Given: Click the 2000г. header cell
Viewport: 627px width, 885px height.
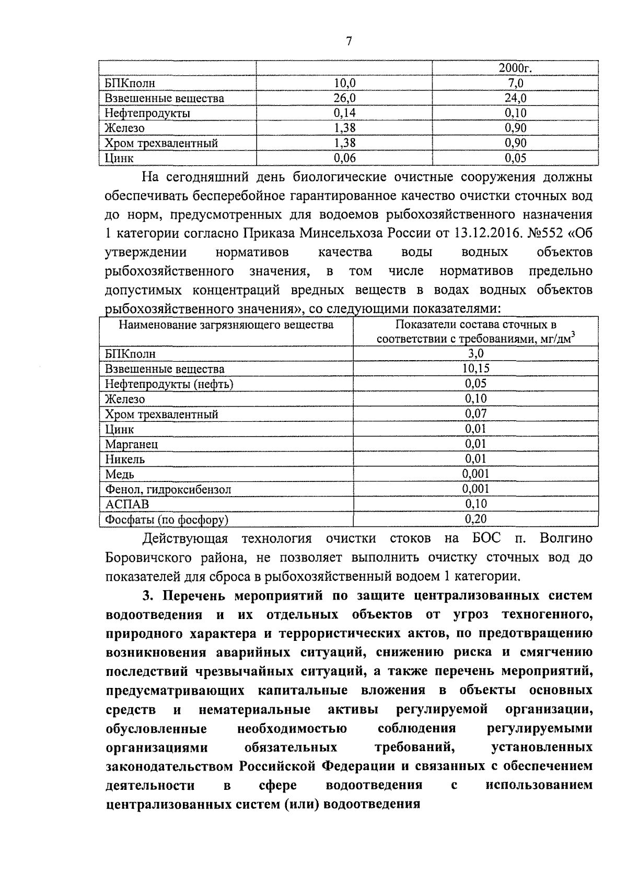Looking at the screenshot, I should (515, 68).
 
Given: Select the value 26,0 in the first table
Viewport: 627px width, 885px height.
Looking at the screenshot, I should (344, 98).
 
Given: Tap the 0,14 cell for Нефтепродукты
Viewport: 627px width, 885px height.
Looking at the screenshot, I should (344, 113).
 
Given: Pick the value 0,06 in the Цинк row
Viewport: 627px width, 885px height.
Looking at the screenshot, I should (344, 158).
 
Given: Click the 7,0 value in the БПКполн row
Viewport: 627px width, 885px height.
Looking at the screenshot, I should (515, 83).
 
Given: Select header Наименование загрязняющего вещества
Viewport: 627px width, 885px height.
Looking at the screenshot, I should (226, 325).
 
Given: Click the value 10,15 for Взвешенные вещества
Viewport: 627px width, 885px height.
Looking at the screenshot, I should (475, 369).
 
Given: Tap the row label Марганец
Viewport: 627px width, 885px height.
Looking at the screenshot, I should (131, 444).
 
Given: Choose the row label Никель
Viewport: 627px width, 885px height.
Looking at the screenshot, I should (125, 459).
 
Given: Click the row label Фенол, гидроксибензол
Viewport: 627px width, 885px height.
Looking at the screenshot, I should (168, 490).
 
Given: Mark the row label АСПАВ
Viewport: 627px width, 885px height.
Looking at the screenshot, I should (127, 504).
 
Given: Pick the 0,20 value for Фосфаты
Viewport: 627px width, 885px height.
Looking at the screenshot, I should (475, 519).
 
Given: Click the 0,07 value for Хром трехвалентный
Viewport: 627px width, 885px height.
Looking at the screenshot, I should (475, 413).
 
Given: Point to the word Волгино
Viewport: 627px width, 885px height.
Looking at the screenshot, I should (566, 538).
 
